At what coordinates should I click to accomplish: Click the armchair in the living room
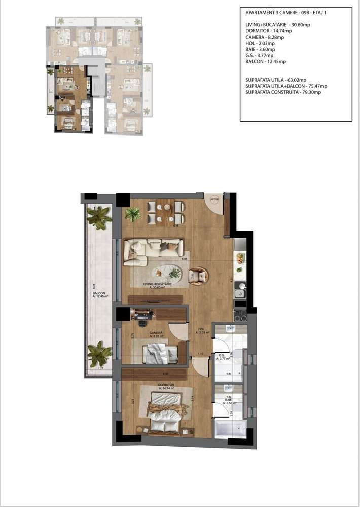click(x=198, y=276)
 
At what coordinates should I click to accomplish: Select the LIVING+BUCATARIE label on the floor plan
click(x=157, y=284)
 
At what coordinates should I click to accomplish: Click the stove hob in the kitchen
click(x=240, y=315)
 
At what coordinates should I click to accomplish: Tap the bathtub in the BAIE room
click(x=230, y=427)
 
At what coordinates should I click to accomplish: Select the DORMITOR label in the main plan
click(x=166, y=385)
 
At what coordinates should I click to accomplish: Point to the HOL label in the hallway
click(x=201, y=329)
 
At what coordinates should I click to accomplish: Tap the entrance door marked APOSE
click(x=214, y=200)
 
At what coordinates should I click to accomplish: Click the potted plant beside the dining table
click(x=133, y=214)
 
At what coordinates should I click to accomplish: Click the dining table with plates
click(x=166, y=212)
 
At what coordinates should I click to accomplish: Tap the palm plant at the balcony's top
click(x=99, y=217)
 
